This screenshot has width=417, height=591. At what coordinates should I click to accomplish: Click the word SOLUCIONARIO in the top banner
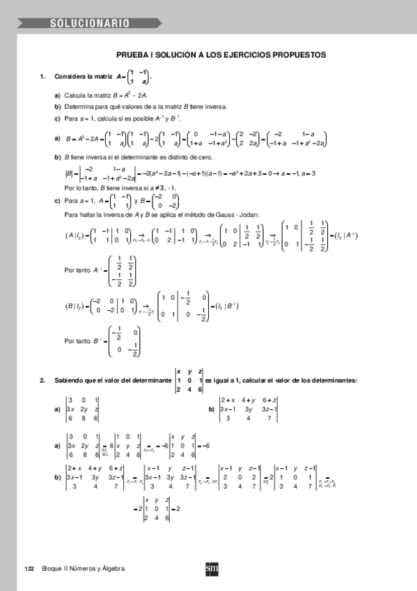pyautogui.click(x=89, y=23)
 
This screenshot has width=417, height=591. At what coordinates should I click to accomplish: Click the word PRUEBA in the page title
pyautogui.click(x=133, y=54)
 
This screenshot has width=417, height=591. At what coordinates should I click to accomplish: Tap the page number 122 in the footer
pyautogui.click(x=29, y=569)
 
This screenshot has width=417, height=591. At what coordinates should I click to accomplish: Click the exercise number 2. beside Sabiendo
pyautogui.click(x=42, y=380)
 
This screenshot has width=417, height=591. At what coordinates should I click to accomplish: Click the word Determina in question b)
pyautogui.click(x=79, y=107)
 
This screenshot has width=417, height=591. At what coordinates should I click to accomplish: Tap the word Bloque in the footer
pyautogui.click(x=52, y=569)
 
